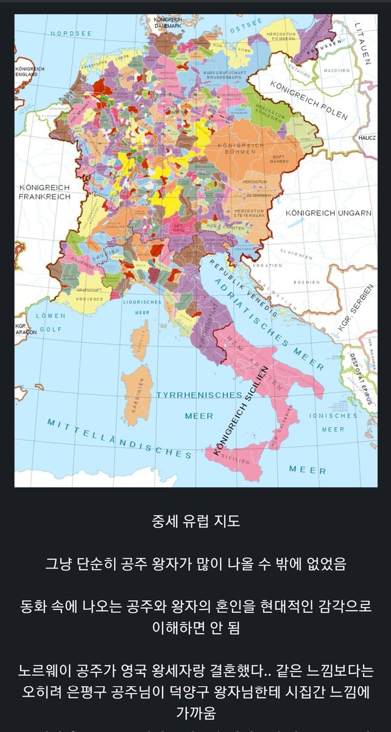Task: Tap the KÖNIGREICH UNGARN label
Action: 328,212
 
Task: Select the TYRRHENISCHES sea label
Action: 199,395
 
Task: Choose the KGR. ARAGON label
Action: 22,329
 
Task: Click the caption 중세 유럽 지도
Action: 195,522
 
